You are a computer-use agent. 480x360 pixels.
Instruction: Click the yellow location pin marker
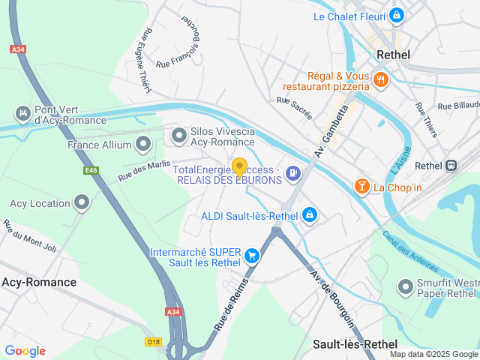tap(240, 167)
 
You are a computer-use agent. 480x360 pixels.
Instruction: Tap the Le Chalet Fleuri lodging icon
tap(396, 15)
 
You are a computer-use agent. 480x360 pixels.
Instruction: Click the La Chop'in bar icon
tap(361, 186)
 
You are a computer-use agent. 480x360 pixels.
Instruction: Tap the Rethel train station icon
tap(451, 166)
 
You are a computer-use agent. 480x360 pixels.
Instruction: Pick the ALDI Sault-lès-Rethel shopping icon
tap(309, 216)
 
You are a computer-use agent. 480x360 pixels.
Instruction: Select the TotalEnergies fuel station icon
tap(292, 174)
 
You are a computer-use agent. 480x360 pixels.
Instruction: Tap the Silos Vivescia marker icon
tap(178, 136)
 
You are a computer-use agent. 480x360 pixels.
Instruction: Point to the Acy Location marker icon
tap(82, 202)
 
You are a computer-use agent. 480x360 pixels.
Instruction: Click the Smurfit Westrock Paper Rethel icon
tap(406, 286)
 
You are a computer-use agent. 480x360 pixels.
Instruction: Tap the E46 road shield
tap(91, 171)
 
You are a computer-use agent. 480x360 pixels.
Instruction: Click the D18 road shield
tap(152, 341)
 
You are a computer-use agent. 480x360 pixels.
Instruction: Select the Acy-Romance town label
tap(39, 282)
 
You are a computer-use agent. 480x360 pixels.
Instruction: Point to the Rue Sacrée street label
tap(293, 104)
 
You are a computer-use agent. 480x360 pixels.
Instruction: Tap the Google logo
tap(25, 350)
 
